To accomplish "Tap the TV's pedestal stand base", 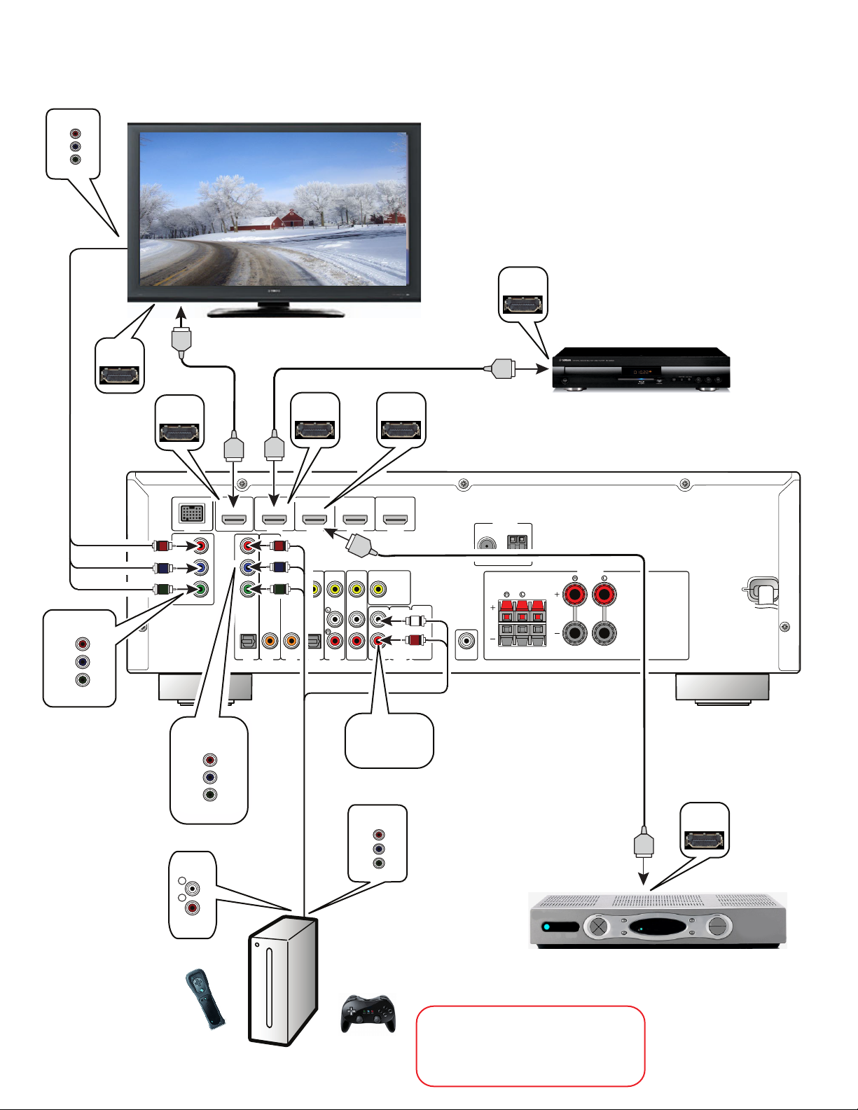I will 275,311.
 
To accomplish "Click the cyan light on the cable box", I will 548,927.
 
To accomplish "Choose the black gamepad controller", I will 368,1013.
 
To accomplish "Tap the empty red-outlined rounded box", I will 530,1046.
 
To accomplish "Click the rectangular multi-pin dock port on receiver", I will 192,513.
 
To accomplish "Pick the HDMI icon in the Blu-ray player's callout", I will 523,305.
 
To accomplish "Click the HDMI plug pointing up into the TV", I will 181,340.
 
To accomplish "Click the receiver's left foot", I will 205,688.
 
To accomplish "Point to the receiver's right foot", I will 722,687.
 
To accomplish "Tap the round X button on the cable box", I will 599,927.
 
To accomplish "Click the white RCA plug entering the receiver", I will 416,620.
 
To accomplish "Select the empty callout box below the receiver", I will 389,740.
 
